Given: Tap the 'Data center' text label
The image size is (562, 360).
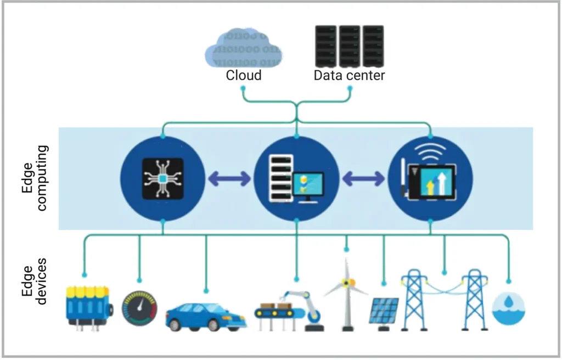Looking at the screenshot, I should tap(349, 75).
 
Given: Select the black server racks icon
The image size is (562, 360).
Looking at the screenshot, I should tap(349, 46).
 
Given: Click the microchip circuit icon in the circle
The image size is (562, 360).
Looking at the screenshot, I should tap(162, 178).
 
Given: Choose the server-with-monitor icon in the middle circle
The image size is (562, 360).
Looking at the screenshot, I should tap(296, 179).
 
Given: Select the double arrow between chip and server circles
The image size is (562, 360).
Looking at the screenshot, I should tap(229, 178).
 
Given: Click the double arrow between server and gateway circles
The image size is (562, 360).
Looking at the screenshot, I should tap(363, 178).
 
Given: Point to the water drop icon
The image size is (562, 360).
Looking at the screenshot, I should tap(508, 307).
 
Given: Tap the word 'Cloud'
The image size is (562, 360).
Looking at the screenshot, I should tap(244, 75).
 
